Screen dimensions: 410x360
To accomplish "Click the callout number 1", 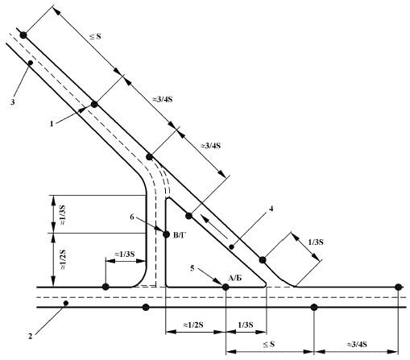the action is coord(52,124).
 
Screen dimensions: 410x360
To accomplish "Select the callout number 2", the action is coord(31,336).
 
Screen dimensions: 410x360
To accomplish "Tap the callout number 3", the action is coord(13,102).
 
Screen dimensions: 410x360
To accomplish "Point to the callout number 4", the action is coord(271,209).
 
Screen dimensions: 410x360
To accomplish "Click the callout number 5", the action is coord(193,268).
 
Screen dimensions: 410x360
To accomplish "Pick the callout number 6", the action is coord(132,217).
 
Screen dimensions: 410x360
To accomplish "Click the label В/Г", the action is coord(179,236).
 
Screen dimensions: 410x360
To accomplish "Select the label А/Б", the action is coord(234,278).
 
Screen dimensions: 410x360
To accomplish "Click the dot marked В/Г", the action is coord(166,234).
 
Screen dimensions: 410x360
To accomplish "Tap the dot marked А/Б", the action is coord(226,287).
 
